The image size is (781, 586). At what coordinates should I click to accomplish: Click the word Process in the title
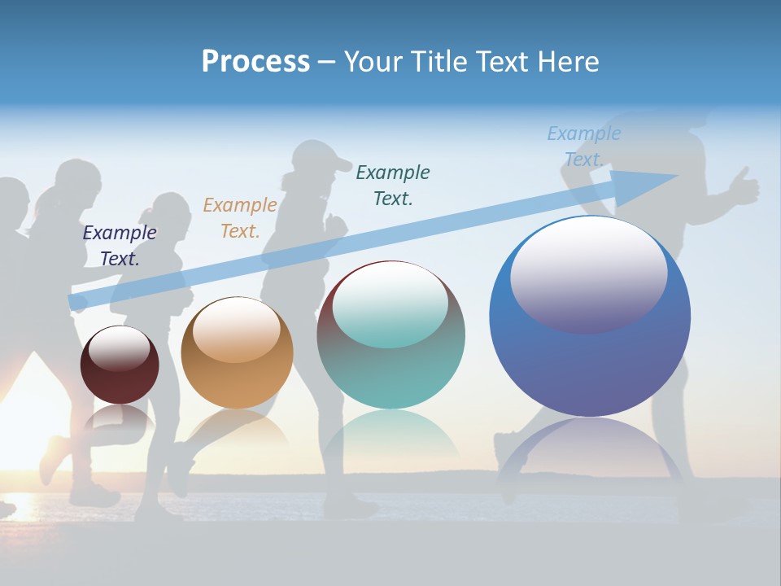255,62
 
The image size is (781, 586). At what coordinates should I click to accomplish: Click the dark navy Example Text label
120,245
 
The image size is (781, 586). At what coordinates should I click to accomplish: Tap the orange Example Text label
240,217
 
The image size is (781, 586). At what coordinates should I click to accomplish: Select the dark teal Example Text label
393,185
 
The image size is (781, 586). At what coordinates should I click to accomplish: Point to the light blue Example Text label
583,146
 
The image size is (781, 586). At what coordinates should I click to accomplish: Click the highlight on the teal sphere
390,304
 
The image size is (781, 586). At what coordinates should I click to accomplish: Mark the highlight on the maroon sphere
120,348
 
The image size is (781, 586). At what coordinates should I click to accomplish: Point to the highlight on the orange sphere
237,330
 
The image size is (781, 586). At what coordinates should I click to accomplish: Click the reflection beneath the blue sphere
590,456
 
